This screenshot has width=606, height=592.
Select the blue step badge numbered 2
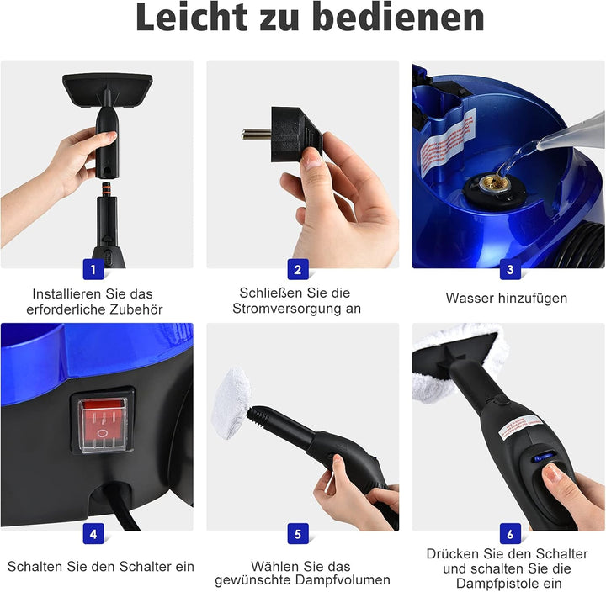click(297, 269)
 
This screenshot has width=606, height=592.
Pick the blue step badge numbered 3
click(509, 269)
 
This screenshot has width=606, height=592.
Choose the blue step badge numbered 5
click(297, 532)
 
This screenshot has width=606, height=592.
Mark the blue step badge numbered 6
click(509, 532)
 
